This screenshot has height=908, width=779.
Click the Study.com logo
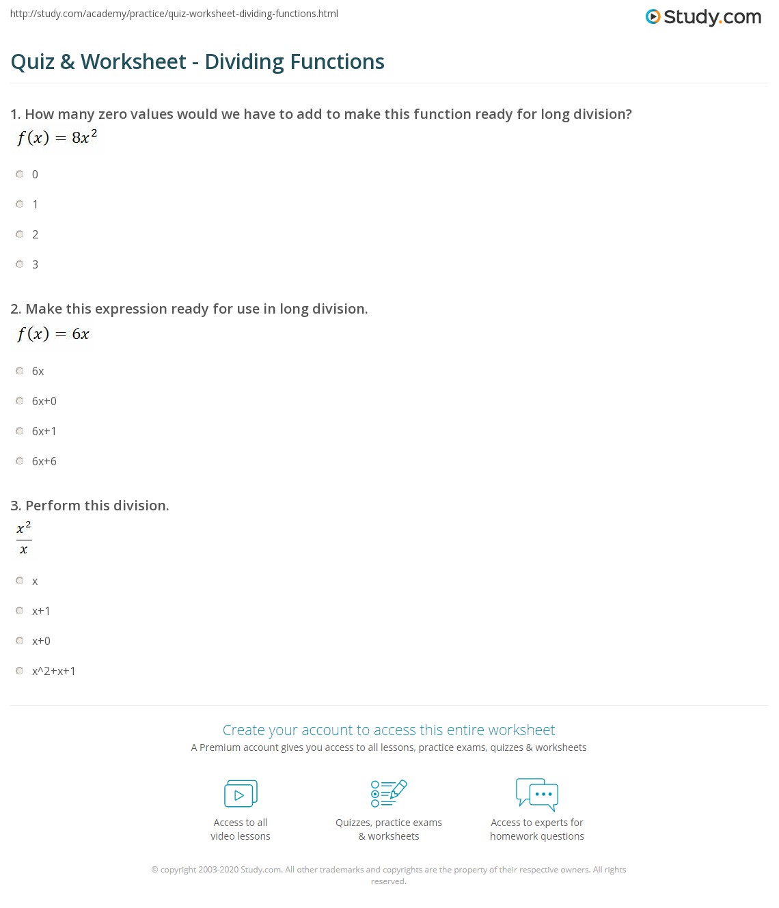(703, 17)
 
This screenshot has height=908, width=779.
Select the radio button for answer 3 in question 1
(20, 264)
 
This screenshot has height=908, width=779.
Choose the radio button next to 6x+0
(20, 401)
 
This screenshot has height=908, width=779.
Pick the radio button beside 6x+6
(20, 461)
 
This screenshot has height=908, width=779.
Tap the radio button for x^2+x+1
(20, 671)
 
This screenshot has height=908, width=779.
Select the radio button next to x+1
(20, 611)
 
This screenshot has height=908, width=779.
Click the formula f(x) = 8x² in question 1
(57, 137)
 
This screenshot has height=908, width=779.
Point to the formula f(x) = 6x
(53, 334)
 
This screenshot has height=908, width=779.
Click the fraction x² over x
(24, 538)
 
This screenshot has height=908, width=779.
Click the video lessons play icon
(241, 794)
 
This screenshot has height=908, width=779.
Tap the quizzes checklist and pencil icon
(389, 793)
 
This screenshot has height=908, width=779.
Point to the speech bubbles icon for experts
(537, 794)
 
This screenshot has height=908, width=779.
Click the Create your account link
(388, 730)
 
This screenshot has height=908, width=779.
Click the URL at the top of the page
(174, 14)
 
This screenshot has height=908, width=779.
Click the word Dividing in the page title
(244, 62)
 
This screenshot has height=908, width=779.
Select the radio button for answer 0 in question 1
(20, 174)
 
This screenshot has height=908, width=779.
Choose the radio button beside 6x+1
(20, 431)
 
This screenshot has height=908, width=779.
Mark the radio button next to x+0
(20, 641)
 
